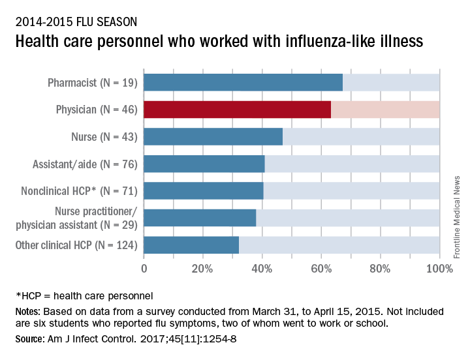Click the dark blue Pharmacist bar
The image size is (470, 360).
(x=243, y=83)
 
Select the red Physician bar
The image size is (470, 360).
(x=237, y=110)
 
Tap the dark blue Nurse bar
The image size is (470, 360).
(x=213, y=136)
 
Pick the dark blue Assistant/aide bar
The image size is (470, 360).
(x=204, y=164)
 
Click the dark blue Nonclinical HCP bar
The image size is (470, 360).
(x=203, y=190)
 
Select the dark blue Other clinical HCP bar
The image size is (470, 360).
(x=191, y=245)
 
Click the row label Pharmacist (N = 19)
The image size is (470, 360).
(x=92, y=83)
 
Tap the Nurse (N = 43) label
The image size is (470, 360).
(x=104, y=137)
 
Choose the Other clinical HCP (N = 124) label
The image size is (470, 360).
(x=76, y=245)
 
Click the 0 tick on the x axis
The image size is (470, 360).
(x=144, y=267)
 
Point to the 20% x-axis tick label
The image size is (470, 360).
(x=202, y=267)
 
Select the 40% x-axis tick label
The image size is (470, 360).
(x=262, y=267)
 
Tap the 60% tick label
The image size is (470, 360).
(x=321, y=267)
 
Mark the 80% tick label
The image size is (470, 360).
(x=380, y=267)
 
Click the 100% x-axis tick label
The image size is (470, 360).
(x=439, y=267)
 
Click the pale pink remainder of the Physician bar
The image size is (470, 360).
(x=385, y=110)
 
